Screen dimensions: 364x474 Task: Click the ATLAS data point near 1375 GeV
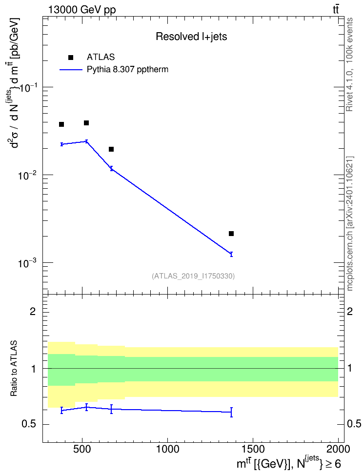point(231,234)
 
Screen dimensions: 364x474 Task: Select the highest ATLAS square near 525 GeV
point(86,123)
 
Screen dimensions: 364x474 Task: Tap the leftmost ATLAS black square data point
point(61,124)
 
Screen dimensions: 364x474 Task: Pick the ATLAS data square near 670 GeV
point(111,149)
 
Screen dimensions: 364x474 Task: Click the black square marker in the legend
point(71,58)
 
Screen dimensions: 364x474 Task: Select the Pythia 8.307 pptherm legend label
point(127,70)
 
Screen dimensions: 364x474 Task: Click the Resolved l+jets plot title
point(191,37)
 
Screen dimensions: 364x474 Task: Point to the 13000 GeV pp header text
point(81,10)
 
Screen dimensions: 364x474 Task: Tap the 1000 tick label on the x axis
point(167,449)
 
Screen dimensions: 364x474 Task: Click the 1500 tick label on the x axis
point(253,449)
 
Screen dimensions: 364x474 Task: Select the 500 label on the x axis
point(82,449)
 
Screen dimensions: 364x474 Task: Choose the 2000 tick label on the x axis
point(338,449)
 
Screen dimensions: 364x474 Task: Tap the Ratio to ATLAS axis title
point(14,368)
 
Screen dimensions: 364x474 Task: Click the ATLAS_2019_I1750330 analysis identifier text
point(193,276)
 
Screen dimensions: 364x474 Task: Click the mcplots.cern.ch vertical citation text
point(349,224)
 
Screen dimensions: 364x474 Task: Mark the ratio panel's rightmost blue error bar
point(231,412)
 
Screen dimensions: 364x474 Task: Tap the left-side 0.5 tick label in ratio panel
point(28,424)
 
